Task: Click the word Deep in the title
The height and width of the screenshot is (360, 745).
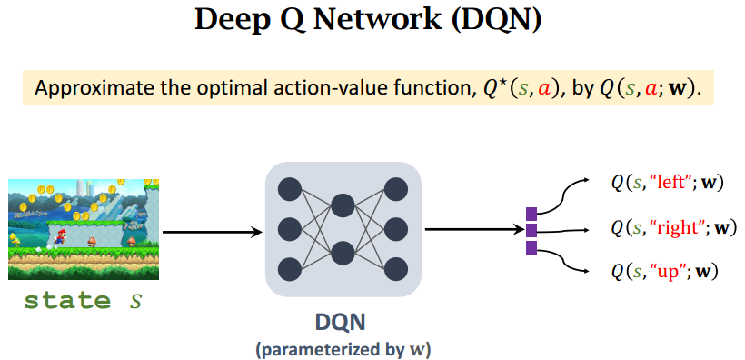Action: point(232,22)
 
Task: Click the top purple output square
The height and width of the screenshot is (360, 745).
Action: point(531,214)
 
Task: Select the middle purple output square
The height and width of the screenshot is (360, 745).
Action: point(531,230)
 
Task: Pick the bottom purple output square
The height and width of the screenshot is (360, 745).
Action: point(531,247)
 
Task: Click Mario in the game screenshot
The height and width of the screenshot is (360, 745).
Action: point(60,236)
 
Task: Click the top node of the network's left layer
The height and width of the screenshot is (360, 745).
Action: point(290,189)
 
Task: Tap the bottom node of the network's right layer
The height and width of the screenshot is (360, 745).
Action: point(396,269)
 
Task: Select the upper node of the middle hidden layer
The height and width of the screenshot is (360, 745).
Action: point(343,205)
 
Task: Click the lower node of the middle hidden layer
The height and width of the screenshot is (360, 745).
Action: point(343,253)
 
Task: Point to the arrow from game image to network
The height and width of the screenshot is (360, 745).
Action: point(213,232)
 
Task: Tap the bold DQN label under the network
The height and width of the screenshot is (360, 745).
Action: point(341,323)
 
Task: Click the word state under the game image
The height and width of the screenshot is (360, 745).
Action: point(66,300)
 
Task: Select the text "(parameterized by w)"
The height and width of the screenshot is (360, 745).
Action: point(343,350)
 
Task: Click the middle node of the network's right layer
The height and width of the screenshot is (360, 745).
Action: point(396,229)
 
